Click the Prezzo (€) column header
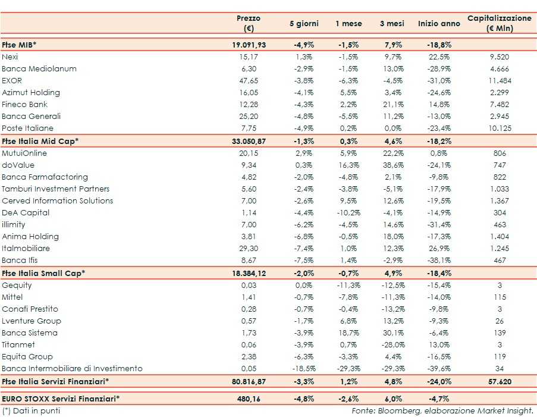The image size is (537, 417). (x=249, y=23)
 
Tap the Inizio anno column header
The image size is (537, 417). (x=439, y=24)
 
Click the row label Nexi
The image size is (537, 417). (x=10, y=57)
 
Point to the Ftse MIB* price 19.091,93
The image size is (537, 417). (x=249, y=45)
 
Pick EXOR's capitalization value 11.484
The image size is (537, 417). (x=500, y=80)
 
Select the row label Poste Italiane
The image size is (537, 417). (x=27, y=128)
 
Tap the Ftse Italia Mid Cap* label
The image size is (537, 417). (x=40, y=141)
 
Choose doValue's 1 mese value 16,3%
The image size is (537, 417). (x=348, y=165)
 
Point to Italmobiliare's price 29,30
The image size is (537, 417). (x=248, y=248)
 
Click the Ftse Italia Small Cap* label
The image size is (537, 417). (x=43, y=273)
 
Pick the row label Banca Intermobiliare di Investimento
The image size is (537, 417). (x=72, y=368)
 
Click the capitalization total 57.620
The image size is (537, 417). (x=500, y=381)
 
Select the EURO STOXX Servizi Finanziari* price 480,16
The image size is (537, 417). (x=249, y=398)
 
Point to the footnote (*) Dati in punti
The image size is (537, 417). (x=31, y=410)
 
